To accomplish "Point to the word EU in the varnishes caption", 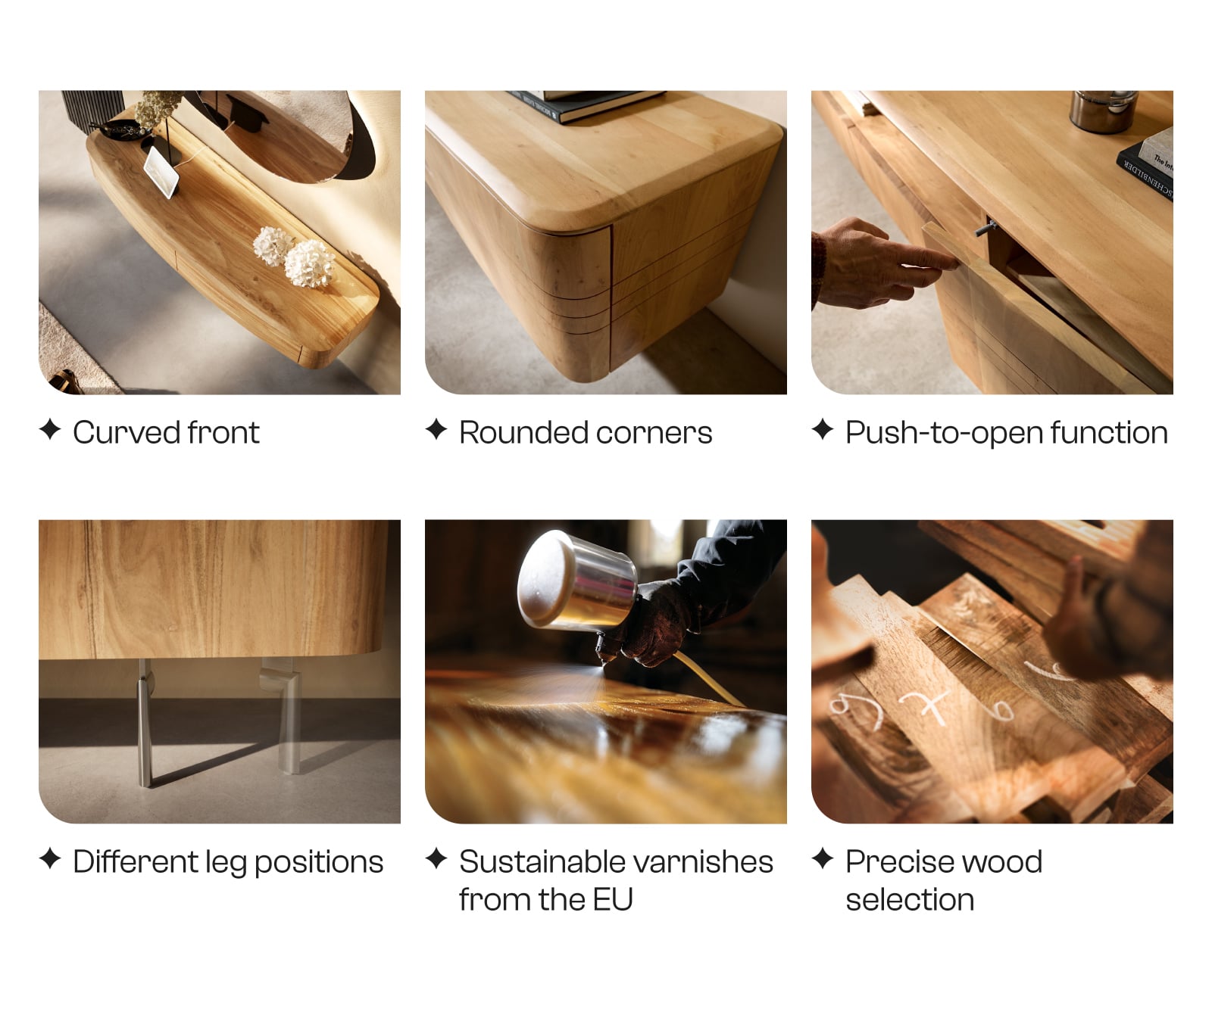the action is coord(612,900).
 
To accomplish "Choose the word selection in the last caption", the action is coord(910,900).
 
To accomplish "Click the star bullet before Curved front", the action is coord(50,429).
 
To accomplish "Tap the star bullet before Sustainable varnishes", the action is coord(436,858).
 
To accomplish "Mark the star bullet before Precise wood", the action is coord(823,858).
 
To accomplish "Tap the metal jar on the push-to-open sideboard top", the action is coord(1103,111).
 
